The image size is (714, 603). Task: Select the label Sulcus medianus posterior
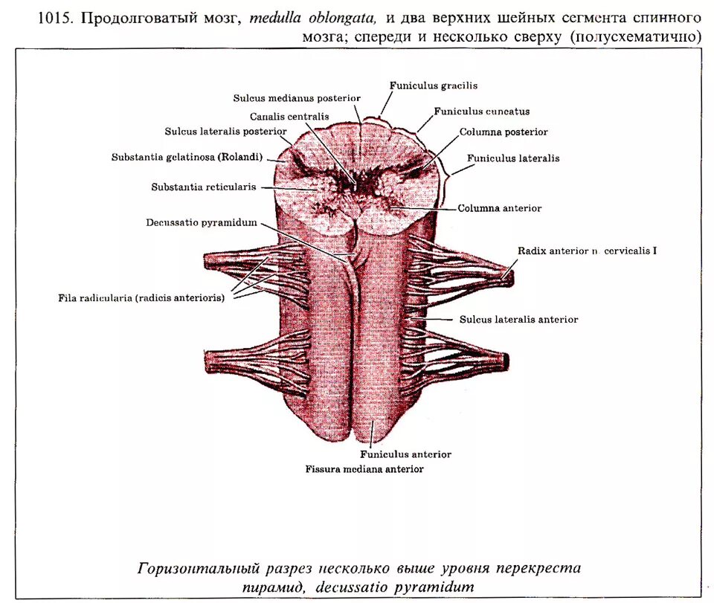[x=297, y=98]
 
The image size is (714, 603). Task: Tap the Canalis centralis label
[x=289, y=117]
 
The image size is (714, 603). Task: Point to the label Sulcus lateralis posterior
[x=226, y=132]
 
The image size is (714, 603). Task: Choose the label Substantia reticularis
[x=204, y=187]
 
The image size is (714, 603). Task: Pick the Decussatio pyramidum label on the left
[x=202, y=222]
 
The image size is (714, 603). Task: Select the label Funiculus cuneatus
[x=482, y=112]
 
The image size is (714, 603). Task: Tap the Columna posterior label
[x=504, y=132]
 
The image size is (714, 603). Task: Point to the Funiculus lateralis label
[x=513, y=158]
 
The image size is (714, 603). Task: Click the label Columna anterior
[x=500, y=209]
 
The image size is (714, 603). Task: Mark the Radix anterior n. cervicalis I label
[x=588, y=251]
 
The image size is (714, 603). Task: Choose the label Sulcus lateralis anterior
[x=518, y=320]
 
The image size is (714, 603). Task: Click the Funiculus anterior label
[x=406, y=454]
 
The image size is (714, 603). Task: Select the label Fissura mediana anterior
[x=364, y=469]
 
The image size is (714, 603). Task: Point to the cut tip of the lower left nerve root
[x=209, y=363]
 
